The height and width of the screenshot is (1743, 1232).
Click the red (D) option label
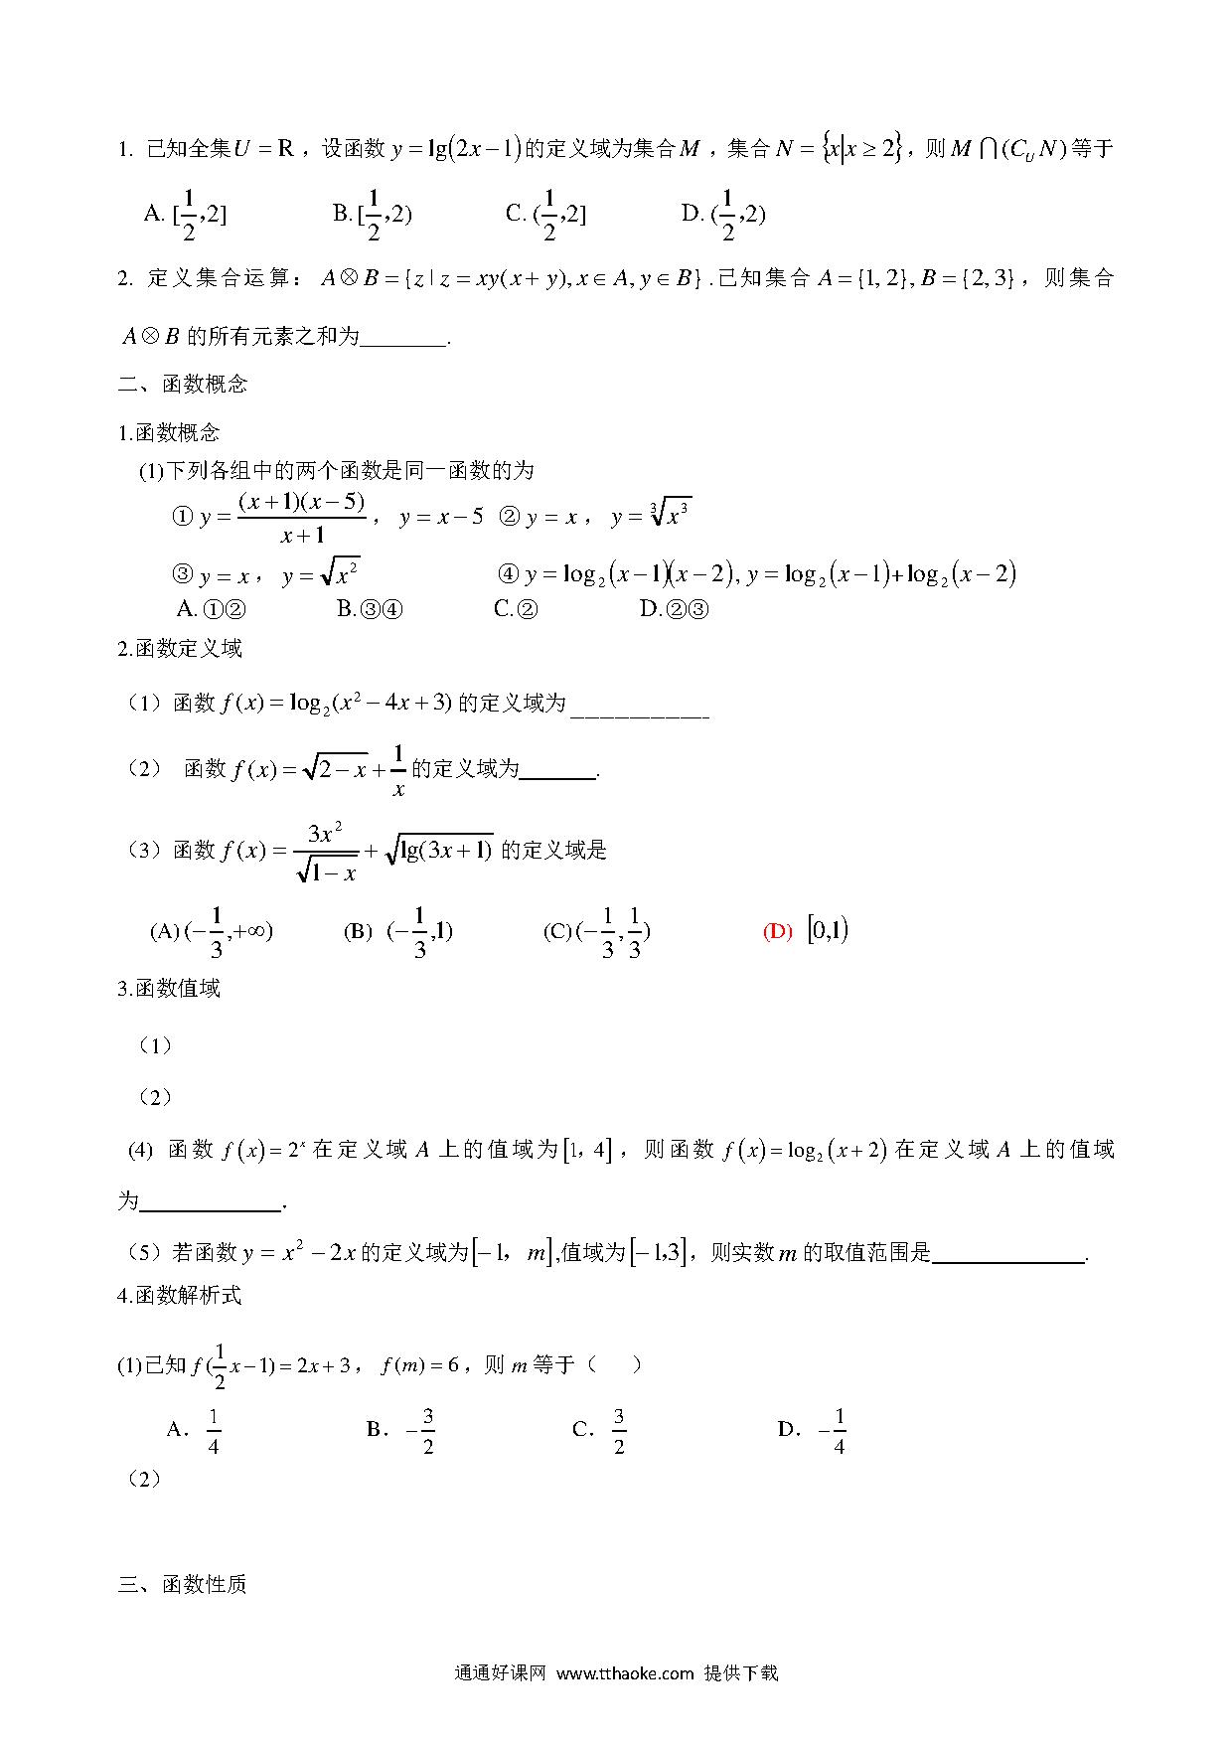click(777, 931)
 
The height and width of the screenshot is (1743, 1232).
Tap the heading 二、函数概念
click(183, 385)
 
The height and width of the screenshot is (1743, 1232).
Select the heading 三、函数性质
click(183, 1584)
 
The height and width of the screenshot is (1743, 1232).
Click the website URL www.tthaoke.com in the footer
click(625, 1673)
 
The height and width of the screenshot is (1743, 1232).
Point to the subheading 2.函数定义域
click(180, 649)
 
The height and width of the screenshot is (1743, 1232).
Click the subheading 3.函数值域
click(169, 989)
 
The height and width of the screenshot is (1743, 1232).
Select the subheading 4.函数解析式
click(180, 1295)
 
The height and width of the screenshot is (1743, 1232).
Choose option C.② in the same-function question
click(516, 609)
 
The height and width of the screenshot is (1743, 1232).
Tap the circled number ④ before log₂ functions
click(508, 574)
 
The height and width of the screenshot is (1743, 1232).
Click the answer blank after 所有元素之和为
click(403, 338)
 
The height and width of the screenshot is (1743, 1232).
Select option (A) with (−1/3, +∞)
click(212, 931)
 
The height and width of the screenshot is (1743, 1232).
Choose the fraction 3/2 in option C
click(618, 1431)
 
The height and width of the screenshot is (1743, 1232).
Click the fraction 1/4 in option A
click(213, 1431)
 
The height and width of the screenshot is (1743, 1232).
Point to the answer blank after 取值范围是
click(1008, 1254)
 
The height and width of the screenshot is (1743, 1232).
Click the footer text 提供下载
click(741, 1673)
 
